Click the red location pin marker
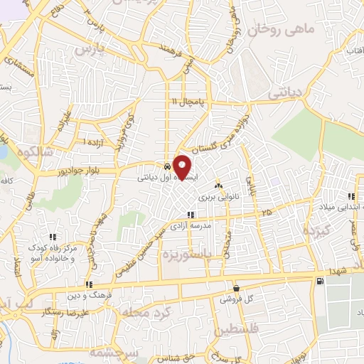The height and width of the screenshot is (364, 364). pos(183,167)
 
